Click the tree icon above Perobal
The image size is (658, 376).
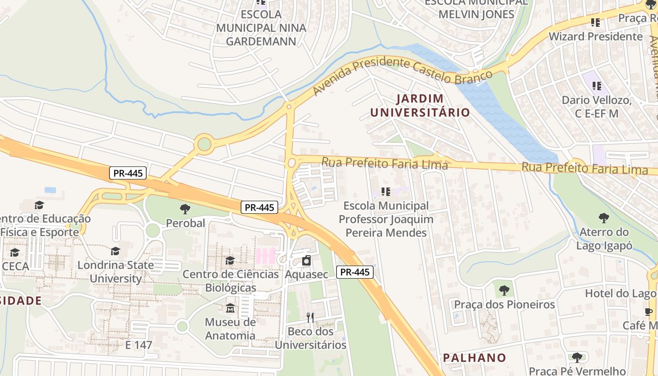(185, 209)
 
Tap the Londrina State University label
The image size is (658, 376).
(116, 272)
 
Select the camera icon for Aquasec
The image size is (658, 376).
(306, 260)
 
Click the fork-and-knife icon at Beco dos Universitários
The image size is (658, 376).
(310, 318)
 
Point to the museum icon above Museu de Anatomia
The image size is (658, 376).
(230, 308)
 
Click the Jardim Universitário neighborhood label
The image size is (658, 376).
(420, 105)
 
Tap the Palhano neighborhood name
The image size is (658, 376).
(474, 358)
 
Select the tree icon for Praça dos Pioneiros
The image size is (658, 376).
(504, 290)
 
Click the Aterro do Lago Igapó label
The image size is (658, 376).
(604, 239)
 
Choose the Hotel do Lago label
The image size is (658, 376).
(620, 293)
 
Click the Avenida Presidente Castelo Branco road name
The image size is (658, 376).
(402, 70)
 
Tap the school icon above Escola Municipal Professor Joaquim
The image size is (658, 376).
(386, 192)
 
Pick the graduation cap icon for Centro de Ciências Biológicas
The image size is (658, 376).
(230, 260)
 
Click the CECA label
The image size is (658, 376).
(15, 266)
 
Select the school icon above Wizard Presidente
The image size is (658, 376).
(595, 22)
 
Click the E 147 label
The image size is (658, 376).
(139, 345)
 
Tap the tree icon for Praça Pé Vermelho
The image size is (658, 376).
(577, 358)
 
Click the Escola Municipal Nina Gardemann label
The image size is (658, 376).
(261, 28)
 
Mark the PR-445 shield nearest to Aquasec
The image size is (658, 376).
(355, 272)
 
